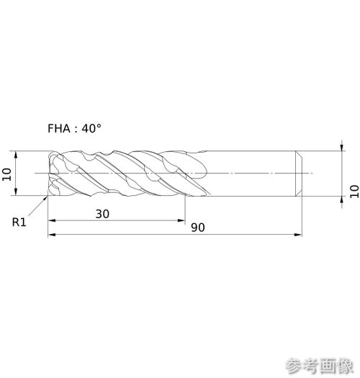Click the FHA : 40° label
coord(74,128)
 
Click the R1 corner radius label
coord(19,222)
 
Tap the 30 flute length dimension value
coord(102,214)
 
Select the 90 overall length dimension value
coord(198,228)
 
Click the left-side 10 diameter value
coord(6,174)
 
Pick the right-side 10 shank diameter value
coord(354,192)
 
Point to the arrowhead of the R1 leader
coord(45,198)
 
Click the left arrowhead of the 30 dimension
coord(52,220)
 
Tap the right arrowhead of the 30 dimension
coord(181,220)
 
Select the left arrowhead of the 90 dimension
coord(52,234)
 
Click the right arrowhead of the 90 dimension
coord(298,234)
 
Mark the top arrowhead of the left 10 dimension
coord(16,155)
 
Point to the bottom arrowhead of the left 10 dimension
coord(16,192)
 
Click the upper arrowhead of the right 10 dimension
coord(342,147)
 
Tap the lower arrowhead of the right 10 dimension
coord(342,200)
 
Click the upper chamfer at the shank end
coord(299,154)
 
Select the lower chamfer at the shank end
coord(299,193)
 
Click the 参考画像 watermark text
coord(320,366)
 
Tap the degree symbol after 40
coord(99,125)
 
